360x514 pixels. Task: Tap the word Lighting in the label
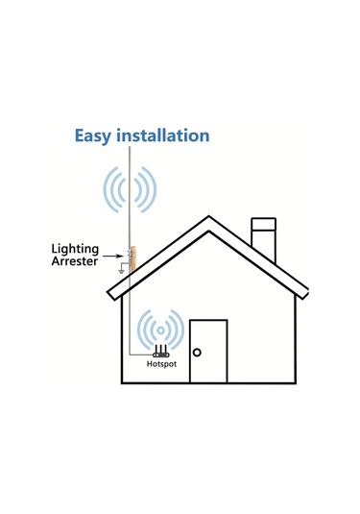74,248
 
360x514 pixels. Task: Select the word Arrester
74,261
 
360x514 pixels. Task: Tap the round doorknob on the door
197,353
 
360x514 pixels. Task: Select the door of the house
208,352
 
